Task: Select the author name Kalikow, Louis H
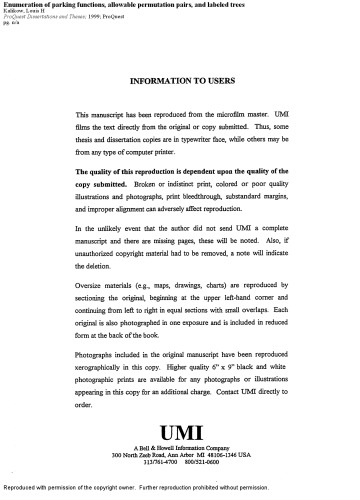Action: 28,15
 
